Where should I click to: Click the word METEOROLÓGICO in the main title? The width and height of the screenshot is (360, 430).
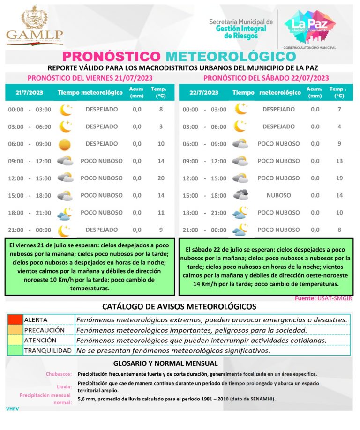pos(231,57)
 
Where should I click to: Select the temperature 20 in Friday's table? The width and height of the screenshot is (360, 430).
pos(161,178)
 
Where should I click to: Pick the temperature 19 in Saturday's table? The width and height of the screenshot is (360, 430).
pos(339,178)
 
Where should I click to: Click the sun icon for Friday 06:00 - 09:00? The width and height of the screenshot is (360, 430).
pos(65,144)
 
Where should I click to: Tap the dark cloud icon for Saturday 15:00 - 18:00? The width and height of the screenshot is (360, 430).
pos(240,195)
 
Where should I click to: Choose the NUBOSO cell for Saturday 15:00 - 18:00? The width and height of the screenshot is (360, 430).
pos(278,195)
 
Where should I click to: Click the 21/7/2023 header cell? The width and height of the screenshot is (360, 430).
pos(29,92)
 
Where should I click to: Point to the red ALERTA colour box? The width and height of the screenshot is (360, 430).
pos(15,320)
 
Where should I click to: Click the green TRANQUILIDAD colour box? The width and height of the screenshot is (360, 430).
pos(15,350)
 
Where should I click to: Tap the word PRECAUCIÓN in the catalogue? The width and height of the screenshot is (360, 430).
pos(45,330)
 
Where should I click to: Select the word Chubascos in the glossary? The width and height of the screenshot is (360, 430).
pos(59,374)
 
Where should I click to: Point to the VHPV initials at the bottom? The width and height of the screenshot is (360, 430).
pos(12,409)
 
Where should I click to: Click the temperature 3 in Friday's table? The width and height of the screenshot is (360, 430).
pos(161,126)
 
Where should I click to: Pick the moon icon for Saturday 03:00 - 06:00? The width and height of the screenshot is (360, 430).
pos(240,126)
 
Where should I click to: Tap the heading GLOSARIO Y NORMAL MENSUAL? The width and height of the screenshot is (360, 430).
pos(165,363)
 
